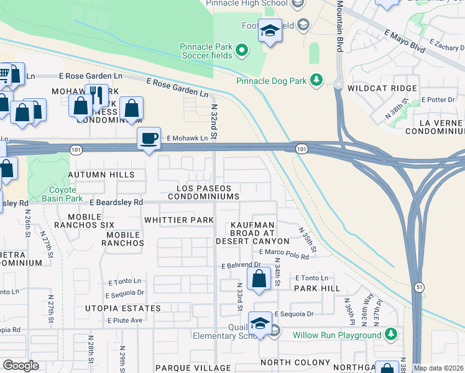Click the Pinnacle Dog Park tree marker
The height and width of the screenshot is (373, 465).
point(316,80)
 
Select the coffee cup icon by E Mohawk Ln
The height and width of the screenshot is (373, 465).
point(149,138)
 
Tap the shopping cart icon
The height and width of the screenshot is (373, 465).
point(4,75)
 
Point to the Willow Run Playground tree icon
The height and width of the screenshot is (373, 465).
point(390,335)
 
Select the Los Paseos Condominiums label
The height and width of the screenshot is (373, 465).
point(207,192)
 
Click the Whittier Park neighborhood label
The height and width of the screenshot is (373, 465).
point(178,220)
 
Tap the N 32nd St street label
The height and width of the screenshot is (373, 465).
point(213,122)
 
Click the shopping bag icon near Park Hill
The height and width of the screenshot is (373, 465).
point(259,278)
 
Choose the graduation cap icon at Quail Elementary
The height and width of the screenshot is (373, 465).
point(260,323)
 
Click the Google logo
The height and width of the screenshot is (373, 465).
point(21,366)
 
